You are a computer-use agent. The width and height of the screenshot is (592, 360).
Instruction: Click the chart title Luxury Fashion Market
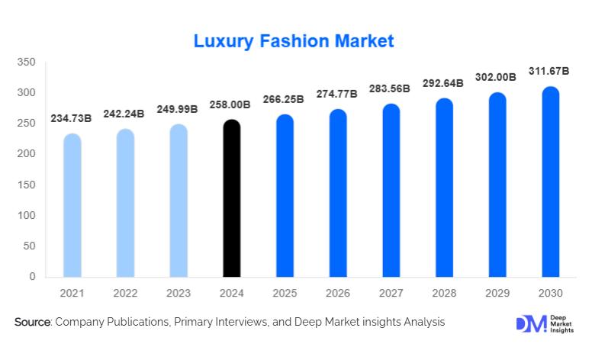(294, 40)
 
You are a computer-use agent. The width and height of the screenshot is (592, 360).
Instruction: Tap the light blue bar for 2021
(72, 205)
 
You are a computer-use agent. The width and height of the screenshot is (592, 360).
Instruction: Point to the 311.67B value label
(549, 71)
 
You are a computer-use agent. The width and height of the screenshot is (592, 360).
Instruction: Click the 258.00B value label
(231, 104)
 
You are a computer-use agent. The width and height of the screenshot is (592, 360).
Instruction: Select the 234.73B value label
(72, 118)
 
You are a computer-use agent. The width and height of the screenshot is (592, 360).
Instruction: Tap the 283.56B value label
(390, 88)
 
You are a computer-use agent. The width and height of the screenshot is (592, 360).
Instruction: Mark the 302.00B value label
(497, 77)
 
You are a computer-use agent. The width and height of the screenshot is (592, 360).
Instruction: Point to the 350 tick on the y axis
(27, 62)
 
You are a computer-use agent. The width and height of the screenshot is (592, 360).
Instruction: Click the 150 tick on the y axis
(27, 185)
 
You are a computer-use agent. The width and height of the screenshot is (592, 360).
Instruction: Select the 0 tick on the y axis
(32, 277)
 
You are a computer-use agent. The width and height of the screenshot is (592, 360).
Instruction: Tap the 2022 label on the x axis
(125, 293)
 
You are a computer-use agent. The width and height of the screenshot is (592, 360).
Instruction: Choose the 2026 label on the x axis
(337, 293)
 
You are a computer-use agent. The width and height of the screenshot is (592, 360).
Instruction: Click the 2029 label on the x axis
(497, 293)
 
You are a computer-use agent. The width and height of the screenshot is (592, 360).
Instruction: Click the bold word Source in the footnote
(32, 323)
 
